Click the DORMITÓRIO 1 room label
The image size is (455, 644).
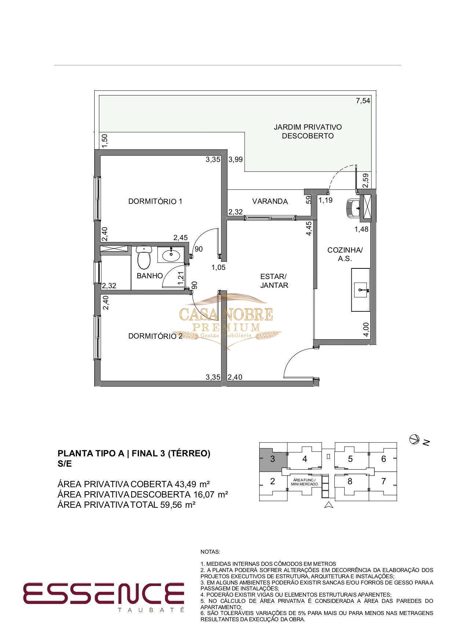[x=155, y=201]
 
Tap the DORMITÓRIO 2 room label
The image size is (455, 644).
[x=155, y=336]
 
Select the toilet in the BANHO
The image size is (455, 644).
[x=144, y=257]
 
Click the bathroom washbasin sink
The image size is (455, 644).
[x=170, y=254]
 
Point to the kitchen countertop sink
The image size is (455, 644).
[x=361, y=290]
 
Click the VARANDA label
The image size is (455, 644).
[x=270, y=202]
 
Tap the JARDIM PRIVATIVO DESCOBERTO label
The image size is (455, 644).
[x=308, y=131]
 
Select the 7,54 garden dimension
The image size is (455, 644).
[x=363, y=101]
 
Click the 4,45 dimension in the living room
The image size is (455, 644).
[x=309, y=228]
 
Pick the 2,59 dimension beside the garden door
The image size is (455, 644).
[x=366, y=181]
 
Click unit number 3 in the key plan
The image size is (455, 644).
[x=272, y=459]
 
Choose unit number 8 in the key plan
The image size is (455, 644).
[x=350, y=481]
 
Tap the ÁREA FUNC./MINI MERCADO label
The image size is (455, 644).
[x=304, y=482]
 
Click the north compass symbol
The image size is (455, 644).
[x=414, y=439]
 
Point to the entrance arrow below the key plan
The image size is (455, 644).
[x=329, y=505]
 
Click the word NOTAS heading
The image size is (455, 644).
[x=210, y=552]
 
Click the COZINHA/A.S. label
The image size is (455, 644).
[x=345, y=254]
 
